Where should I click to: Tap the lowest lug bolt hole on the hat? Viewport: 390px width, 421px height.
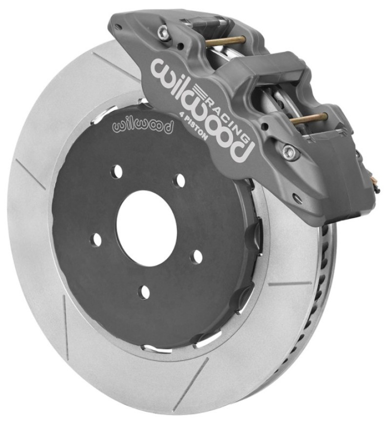pos(144,291)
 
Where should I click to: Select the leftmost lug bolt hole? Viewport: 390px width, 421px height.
pos(97,239)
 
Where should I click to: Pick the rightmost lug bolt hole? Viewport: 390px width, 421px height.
pos(197,256)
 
